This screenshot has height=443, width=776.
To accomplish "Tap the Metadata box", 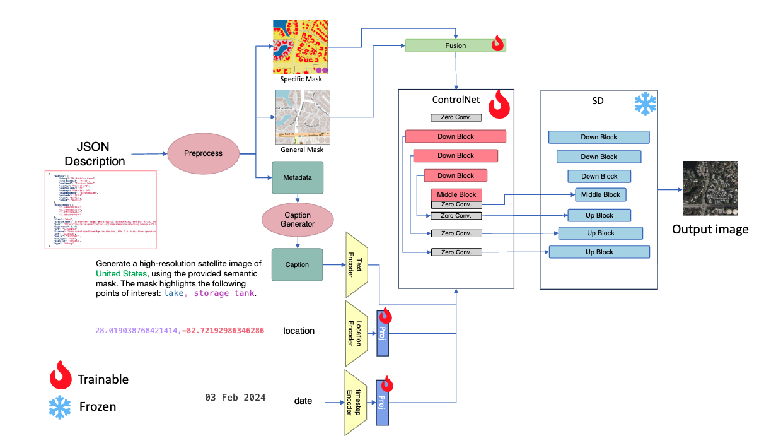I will (x=297, y=177).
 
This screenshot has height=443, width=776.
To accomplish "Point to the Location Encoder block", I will (x=357, y=333).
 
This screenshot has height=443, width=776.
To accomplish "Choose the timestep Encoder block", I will (x=356, y=402).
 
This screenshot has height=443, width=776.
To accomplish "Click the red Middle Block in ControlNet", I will (x=456, y=194).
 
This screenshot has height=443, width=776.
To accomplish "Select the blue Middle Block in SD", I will (x=600, y=194).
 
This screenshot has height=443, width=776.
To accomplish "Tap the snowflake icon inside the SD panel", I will (x=644, y=104).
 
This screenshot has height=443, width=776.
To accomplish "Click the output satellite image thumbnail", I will (x=710, y=188).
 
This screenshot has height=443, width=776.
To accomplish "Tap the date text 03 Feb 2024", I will (x=235, y=398).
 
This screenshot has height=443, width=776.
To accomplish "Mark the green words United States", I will (x=122, y=273).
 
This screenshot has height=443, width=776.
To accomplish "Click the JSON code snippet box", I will (x=101, y=209).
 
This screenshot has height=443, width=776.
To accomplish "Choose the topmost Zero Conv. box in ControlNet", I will (x=456, y=117).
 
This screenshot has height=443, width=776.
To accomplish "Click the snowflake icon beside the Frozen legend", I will (x=61, y=407).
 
